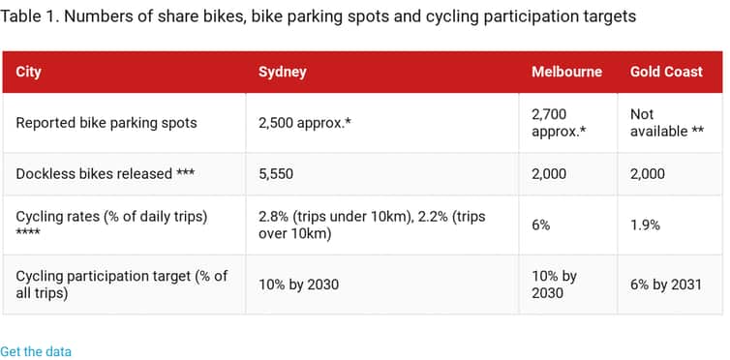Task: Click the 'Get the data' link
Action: point(36,351)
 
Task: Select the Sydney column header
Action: point(283,72)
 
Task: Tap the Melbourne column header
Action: point(566,72)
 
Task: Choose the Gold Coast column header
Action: point(666,72)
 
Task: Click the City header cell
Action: point(29,72)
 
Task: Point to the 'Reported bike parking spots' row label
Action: point(106,123)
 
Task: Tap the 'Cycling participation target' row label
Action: point(121,284)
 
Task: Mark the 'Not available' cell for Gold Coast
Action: point(666,123)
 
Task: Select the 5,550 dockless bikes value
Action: point(276,174)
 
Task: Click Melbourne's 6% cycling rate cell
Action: point(542,225)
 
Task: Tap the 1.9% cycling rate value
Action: point(645,225)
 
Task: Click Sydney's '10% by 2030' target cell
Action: point(298,284)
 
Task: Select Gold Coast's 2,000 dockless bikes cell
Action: point(648,174)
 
